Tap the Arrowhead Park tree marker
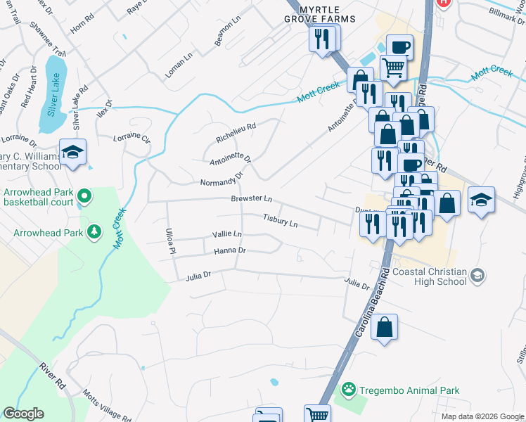[x=94, y=231]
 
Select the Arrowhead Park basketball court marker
[x=85, y=196]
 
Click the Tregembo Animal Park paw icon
[x=347, y=390]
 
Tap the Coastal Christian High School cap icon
[x=477, y=274]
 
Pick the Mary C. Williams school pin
[x=72, y=153]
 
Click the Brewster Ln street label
[x=251, y=199]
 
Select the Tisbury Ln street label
[x=280, y=222]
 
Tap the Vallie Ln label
[x=226, y=234]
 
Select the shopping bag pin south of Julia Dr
[x=384, y=328]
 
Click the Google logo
[x=23, y=414]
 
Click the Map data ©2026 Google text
[x=482, y=416]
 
